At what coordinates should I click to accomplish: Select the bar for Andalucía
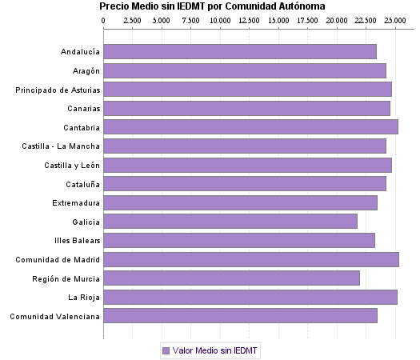coord(240,52)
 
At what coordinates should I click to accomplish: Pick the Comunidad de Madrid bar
coord(251,259)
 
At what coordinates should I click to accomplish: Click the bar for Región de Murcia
coord(231,278)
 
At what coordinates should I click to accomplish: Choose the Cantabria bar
coord(250,127)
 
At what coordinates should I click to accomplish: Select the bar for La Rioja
coord(250,298)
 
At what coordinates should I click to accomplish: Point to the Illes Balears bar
coord(239,240)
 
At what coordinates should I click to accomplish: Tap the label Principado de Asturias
coord(58,90)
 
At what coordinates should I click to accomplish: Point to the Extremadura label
coord(76,202)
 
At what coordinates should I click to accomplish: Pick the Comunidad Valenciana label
coord(55,316)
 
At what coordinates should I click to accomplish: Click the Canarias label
coord(82,109)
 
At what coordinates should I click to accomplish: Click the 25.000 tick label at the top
coord(394,19)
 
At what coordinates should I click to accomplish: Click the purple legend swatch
coord(166,350)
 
